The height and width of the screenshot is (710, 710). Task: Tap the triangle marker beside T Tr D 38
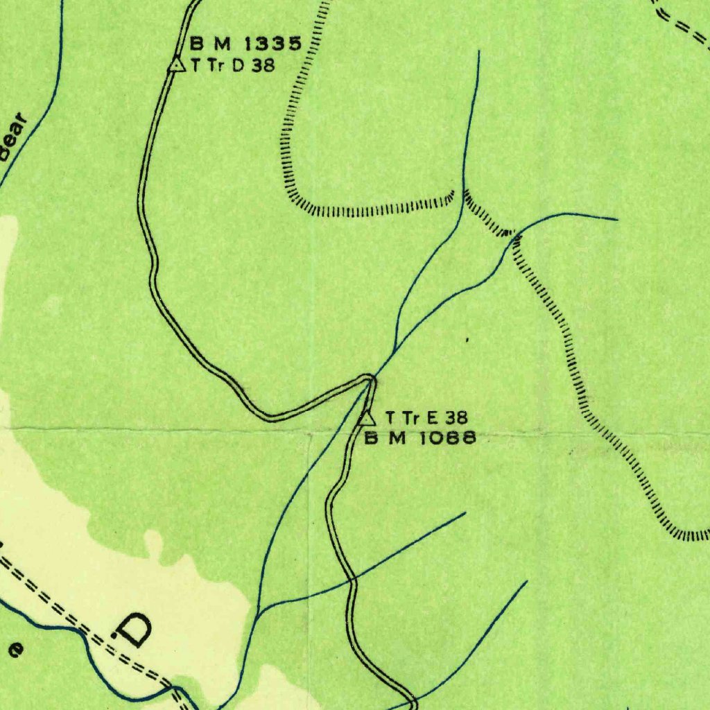pos(177,64)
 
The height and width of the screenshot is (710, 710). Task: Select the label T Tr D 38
pos(231,66)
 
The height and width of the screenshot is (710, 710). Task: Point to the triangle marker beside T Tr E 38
pos(367,418)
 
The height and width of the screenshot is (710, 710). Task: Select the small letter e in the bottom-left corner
pos(16,649)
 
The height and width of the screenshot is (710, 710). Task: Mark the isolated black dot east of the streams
pos(467,340)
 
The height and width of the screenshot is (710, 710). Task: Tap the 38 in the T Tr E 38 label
pos(457,417)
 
